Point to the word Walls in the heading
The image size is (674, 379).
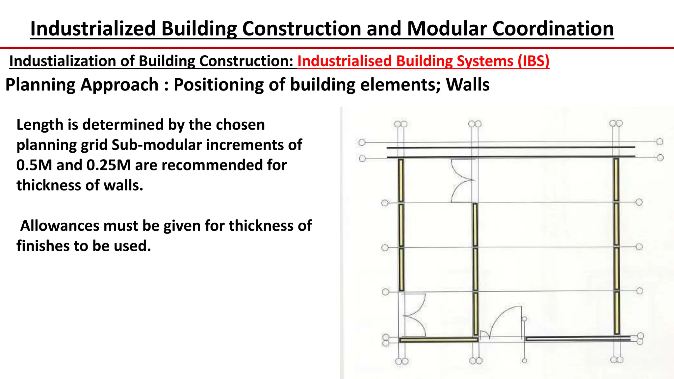click(467, 85)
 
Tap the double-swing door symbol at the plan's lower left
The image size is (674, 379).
click(414, 315)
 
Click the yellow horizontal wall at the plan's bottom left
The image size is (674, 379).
click(439, 340)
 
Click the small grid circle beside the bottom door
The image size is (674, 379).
click(524, 319)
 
